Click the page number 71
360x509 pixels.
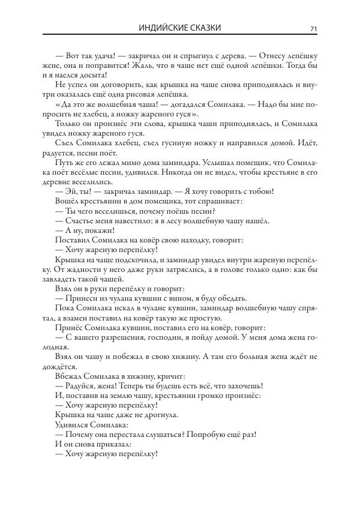(313, 28)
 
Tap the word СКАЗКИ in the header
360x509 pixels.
(203, 28)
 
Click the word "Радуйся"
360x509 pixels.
(81, 385)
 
